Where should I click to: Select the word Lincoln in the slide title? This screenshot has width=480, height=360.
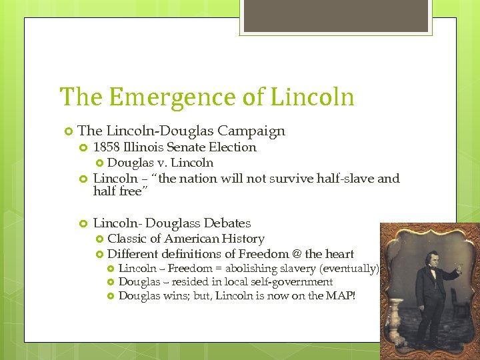[x=312, y=97]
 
